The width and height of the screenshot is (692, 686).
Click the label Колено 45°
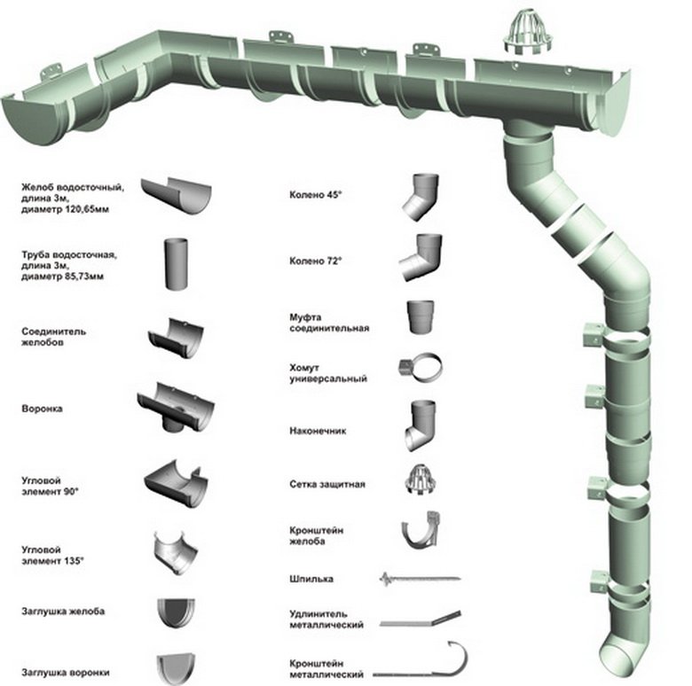(316, 194)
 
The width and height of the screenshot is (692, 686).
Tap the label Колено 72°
(316, 261)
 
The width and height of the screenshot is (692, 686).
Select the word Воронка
(42, 409)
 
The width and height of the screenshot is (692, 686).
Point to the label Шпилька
(311, 579)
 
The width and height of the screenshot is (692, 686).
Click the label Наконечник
(318, 431)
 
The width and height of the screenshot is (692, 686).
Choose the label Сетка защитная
(327, 484)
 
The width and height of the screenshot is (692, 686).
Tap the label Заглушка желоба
(63, 611)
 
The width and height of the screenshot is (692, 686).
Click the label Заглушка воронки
(66, 673)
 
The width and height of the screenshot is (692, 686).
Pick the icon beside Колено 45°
(421, 197)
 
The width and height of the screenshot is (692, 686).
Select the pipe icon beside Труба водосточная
(176, 263)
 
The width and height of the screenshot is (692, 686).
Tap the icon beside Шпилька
(420, 578)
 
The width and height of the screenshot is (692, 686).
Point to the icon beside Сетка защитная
(421, 480)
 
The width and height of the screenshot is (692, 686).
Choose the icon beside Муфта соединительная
(421, 317)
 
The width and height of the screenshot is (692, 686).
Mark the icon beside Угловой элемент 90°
(176, 484)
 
